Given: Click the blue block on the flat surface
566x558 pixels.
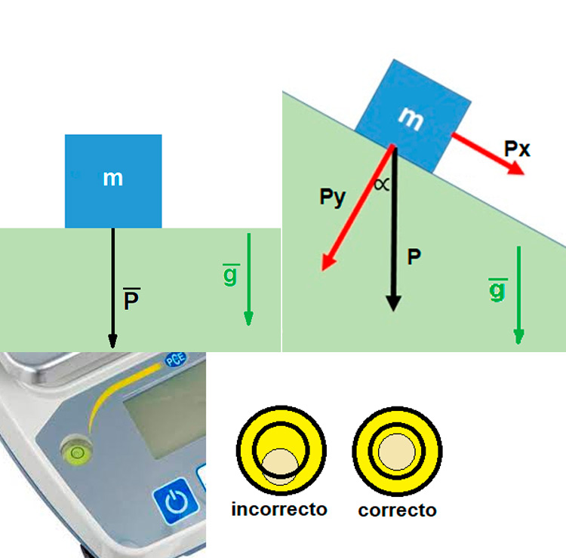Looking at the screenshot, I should pos(113,181).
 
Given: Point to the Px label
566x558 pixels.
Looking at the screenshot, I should pos(517,149).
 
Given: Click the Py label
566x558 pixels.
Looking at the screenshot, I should pos(332,198).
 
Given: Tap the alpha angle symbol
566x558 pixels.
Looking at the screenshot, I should pos(383,185).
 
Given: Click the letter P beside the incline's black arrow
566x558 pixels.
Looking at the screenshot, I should pos(414,256).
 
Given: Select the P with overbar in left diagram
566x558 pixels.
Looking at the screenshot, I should pos(131,300).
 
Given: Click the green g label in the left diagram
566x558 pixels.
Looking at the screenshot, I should pos(230,275).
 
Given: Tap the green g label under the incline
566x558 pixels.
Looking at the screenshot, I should pos(497,289).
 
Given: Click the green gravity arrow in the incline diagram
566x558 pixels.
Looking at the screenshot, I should pos(518,294).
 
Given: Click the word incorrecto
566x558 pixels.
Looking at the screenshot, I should pos(279,509).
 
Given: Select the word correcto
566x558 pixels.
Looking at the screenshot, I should pos(397,510).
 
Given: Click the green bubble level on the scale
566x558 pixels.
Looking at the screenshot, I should pos(76,452).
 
